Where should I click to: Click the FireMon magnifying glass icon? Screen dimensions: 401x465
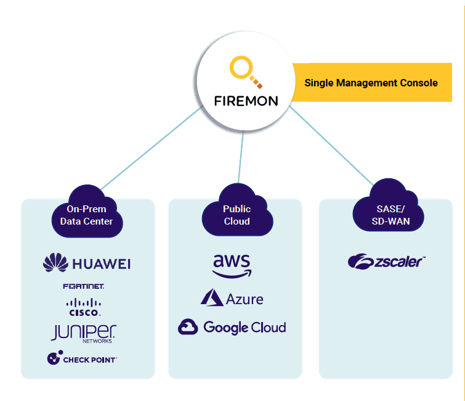[x=245, y=72]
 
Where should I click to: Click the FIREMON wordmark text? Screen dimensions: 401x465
[x=246, y=101]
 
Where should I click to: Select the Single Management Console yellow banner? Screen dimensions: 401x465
[x=371, y=83]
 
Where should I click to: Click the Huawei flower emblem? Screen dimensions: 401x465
[x=55, y=263]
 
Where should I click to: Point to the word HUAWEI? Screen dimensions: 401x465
[x=102, y=264]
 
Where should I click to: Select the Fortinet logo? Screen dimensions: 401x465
[x=83, y=286]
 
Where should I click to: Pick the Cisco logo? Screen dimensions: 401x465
[x=83, y=307]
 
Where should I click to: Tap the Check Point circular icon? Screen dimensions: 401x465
[x=54, y=358]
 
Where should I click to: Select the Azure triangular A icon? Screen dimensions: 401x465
[x=211, y=299]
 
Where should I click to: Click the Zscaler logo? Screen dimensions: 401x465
[x=386, y=262]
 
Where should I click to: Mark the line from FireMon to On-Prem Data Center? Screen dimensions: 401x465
[x=151, y=149]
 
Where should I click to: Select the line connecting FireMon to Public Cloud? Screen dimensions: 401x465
[x=241, y=158]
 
